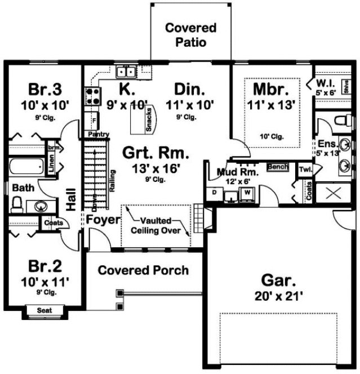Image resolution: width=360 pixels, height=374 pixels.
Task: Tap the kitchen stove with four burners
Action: pos(92,93)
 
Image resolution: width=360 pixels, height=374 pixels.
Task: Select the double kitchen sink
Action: pos(126,72)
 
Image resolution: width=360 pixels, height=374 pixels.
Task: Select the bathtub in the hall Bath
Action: pos(25,167)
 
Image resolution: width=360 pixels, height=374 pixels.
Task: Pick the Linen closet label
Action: pos(52,167)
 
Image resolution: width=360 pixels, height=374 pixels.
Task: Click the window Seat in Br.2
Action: pos(45,310)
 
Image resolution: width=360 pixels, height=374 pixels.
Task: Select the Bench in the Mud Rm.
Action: pos(278,168)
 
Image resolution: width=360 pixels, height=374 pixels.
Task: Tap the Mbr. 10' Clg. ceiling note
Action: pos(273,136)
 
